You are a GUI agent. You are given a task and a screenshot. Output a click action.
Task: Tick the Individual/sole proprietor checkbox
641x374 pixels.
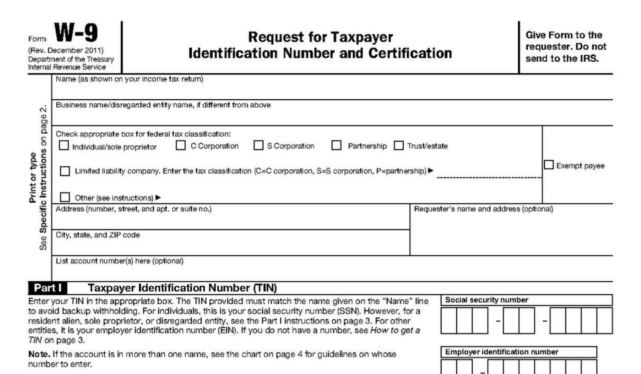point(64,146)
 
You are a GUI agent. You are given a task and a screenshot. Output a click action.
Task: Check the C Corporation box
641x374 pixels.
point(181,146)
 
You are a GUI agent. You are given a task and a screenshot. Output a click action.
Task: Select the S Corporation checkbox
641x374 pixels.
point(258,146)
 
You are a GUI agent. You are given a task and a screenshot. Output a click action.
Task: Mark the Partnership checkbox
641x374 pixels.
point(337,146)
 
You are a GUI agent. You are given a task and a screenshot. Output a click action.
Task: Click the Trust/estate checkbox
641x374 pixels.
point(399,146)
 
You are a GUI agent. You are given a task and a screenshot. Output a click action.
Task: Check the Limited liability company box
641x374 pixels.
point(65,171)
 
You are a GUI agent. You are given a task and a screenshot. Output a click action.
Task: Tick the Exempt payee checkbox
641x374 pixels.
point(549,165)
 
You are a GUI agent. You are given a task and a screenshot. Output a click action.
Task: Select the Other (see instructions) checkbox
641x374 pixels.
point(65,197)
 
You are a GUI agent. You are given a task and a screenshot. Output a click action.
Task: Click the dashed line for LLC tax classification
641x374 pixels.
point(489,177)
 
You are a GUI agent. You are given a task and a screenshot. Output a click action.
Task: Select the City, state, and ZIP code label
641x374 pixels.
point(98,235)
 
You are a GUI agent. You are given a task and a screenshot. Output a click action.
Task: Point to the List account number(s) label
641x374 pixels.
point(120,260)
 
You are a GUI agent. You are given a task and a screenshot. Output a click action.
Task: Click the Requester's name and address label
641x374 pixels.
point(483,209)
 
